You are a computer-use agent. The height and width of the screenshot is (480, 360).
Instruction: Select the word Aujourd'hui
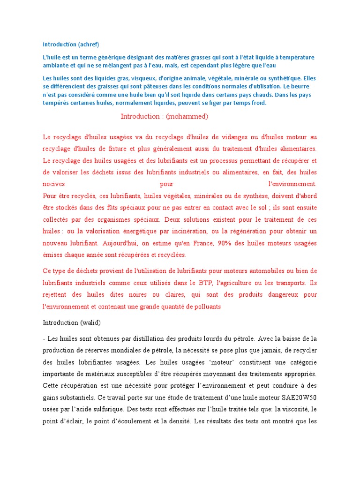[120, 243]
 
